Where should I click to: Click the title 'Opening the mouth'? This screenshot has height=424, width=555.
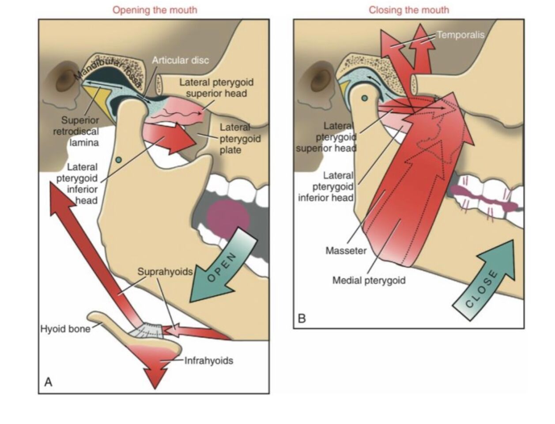pyautogui.click(x=155, y=10)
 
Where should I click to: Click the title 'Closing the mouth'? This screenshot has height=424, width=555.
pyautogui.click(x=409, y=10)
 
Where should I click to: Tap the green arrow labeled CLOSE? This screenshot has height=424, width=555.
pyautogui.click(x=485, y=281)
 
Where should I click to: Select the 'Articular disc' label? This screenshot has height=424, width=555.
pyautogui.click(x=180, y=60)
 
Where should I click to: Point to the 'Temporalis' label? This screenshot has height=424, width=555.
pyautogui.click(x=461, y=34)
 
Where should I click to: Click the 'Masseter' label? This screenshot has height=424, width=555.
pyautogui.click(x=346, y=251)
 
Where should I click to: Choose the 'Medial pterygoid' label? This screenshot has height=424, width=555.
pyautogui.click(x=369, y=280)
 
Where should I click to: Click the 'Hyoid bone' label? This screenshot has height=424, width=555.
pyautogui.click(x=65, y=329)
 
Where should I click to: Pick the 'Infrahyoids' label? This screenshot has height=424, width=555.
pyautogui.click(x=208, y=361)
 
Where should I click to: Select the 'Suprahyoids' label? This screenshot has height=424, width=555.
pyautogui.click(x=165, y=271)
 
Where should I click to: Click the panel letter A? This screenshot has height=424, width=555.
pyautogui.click(x=48, y=382)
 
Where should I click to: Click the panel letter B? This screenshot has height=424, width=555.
pyautogui.click(x=302, y=318)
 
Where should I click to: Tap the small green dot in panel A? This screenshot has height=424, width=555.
pyautogui.click(x=118, y=160)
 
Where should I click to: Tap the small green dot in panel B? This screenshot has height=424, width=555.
pyautogui.click(x=364, y=98)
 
